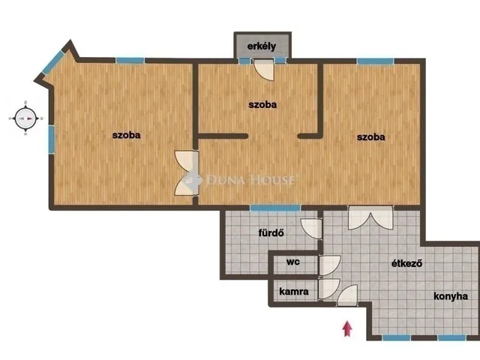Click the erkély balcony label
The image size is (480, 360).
[x=262, y=46]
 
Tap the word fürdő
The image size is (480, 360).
[x=271, y=232]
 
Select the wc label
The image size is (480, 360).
[x=293, y=262]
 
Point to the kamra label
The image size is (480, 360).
[x=294, y=292]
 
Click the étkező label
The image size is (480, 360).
[x=406, y=263]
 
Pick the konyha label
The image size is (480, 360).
[x=451, y=296]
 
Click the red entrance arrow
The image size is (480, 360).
[x=347, y=328]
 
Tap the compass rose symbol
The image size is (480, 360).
[x=25, y=118]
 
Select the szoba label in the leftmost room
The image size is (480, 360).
[x=126, y=135]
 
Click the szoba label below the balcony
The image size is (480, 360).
[x=262, y=105]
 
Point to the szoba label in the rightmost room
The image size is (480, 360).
[x=370, y=136]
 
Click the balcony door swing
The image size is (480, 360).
[x=263, y=70]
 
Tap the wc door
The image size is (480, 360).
[x=329, y=265]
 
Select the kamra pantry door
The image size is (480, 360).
[x=329, y=289]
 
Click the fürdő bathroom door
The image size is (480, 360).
[x=311, y=228]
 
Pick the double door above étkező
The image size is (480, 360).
[x=370, y=218]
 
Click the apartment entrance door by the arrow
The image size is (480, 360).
[x=347, y=295]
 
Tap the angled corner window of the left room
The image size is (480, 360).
[x=53, y=63]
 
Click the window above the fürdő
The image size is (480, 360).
[x=275, y=208]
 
